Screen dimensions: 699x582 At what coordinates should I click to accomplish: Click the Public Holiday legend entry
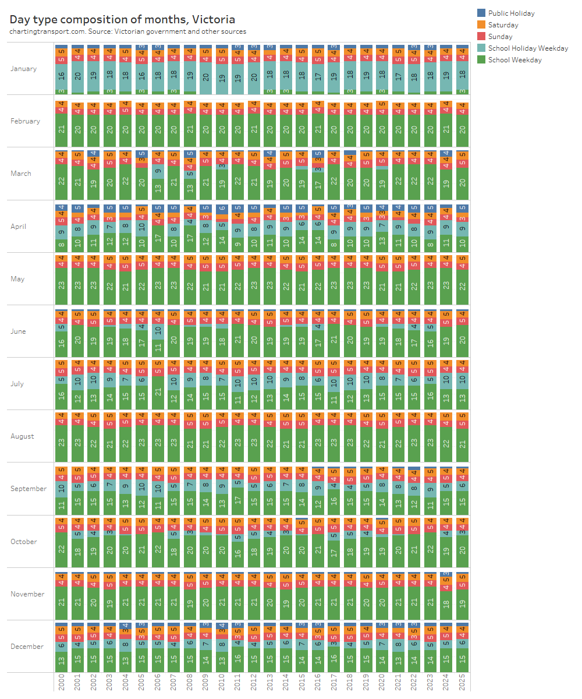511,13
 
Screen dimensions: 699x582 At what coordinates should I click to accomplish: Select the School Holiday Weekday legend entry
528,48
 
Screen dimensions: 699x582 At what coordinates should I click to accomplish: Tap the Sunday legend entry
500,37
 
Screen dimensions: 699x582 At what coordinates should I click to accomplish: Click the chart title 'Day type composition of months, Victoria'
122,19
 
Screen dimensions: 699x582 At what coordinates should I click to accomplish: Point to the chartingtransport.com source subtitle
127,31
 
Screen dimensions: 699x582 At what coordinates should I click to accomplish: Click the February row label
25,121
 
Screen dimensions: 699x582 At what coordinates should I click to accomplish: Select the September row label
29,489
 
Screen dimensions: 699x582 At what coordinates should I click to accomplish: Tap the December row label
27,647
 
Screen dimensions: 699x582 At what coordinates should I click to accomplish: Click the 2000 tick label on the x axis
62,682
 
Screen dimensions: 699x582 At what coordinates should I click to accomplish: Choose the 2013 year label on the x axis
270,682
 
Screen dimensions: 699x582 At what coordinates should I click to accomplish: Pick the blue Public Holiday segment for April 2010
222,208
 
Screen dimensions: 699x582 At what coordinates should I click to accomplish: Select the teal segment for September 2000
62,489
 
